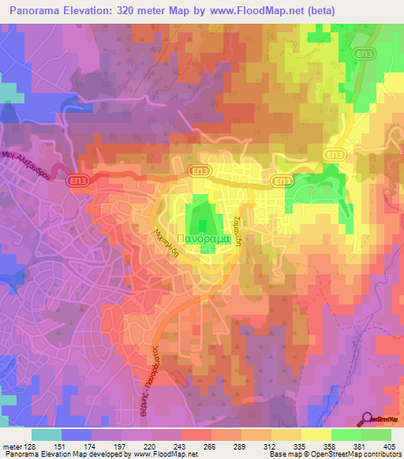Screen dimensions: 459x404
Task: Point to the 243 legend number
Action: point(187,447)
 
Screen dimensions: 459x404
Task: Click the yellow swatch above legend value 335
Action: point(286,435)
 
